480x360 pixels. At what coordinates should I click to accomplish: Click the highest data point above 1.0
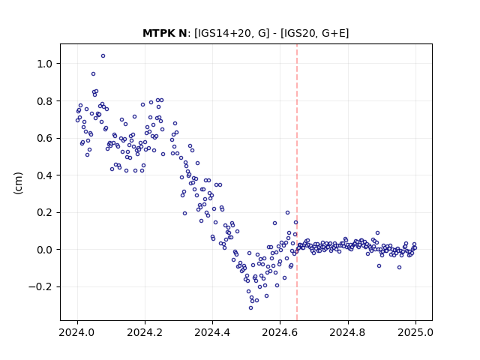103,56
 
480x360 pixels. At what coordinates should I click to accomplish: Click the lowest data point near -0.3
250,308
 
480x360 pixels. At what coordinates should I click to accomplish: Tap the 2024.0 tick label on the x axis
77,332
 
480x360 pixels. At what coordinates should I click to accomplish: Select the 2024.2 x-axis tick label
145,332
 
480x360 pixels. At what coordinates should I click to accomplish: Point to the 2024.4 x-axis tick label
212,332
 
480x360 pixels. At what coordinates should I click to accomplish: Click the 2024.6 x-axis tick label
280,332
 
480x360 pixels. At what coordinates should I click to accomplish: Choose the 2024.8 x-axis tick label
348,332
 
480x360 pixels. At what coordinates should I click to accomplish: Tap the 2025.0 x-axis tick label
415,332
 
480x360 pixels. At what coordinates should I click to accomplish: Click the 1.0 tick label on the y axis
45,64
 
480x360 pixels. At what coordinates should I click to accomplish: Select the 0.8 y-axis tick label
45,101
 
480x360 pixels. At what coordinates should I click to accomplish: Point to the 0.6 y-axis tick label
45,138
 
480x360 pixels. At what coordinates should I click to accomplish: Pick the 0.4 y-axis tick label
45,175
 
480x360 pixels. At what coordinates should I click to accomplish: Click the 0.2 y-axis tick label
45,212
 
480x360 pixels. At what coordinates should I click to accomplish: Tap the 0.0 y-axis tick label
45,250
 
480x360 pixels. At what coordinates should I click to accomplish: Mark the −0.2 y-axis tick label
40,286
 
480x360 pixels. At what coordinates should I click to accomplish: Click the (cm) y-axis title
18,183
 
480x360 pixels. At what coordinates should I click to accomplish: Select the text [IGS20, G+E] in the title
314,33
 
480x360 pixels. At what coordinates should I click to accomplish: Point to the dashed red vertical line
297,182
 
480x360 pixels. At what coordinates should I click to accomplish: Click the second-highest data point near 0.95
93,73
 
